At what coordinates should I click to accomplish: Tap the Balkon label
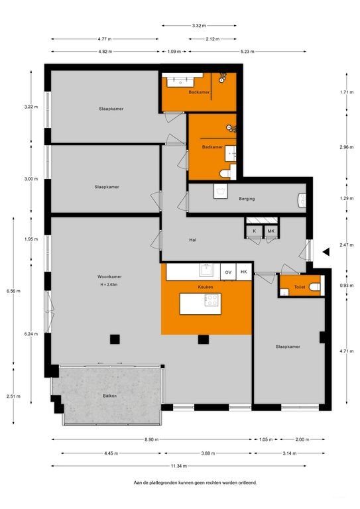coord(110,396)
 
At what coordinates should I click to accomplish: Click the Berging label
coord(247,198)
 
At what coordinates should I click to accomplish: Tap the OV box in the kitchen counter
coord(228,272)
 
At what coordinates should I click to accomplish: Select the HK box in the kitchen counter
coord(244,272)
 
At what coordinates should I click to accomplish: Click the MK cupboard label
coord(271,231)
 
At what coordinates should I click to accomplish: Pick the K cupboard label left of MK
coord(255,231)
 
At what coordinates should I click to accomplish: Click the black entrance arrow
coord(326,251)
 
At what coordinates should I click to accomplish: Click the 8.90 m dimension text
coord(150,439)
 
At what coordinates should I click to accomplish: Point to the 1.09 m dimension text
coord(173,52)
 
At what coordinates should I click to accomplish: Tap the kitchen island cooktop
coord(213,300)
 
